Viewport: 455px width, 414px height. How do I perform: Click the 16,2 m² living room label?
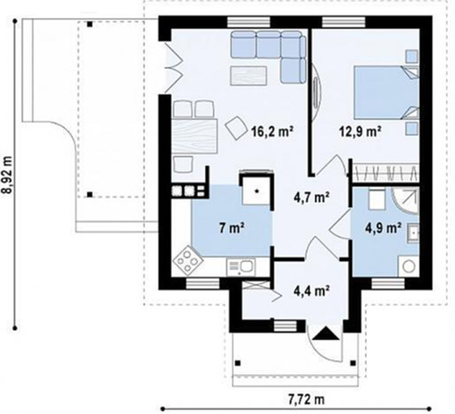click(x=272, y=131)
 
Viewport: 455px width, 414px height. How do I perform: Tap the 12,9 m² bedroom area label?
click(x=360, y=131)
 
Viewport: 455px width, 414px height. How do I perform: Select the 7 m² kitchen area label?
click(x=231, y=228)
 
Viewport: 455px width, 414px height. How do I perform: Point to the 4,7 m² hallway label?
click(x=311, y=198)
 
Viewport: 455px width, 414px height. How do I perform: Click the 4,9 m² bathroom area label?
click(x=383, y=228)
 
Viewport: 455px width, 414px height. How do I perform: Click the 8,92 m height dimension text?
click(x=8, y=174)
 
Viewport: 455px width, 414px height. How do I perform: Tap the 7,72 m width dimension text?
click(x=306, y=399)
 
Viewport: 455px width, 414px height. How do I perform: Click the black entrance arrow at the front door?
click(x=325, y=333)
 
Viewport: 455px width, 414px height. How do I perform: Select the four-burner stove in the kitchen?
click(x=188, y=260)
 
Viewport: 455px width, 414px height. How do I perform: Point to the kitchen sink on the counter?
click(x=240, y=267)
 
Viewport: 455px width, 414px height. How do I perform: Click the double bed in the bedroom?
click(x=386, y=93)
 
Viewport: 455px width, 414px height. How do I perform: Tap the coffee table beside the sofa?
click(x=248, y=76)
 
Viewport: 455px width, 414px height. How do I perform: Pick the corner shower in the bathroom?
click(x=405, y=200)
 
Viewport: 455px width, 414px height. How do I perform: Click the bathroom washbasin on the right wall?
click(x=413, y=233)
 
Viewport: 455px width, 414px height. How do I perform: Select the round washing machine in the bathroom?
click(x=409, y=266)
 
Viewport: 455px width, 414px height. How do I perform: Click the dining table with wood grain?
click(x=194, y=136)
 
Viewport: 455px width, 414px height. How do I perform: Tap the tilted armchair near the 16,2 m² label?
click(x=236, y=128)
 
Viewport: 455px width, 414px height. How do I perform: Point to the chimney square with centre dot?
click(x=257, y=190)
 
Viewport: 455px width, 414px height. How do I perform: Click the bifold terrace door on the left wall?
click(x=173, y=67)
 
